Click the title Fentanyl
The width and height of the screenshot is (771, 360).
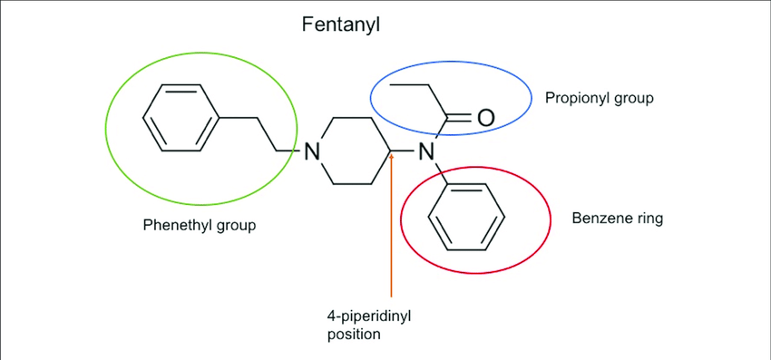(340, 24)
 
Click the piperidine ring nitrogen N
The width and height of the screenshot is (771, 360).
(310, 151)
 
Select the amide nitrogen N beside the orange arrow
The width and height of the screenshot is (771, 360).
(425, 151)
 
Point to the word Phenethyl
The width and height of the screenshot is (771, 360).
(172, 226)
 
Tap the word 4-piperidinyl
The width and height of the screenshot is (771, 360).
(368, 316)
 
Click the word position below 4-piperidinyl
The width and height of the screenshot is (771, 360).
(354, 334)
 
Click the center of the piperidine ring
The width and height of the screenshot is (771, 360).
(353, 151)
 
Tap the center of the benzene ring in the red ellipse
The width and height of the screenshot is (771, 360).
(466, 217)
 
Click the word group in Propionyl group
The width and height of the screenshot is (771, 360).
(632, 99)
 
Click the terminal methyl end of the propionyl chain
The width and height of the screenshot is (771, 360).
(391, 84)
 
